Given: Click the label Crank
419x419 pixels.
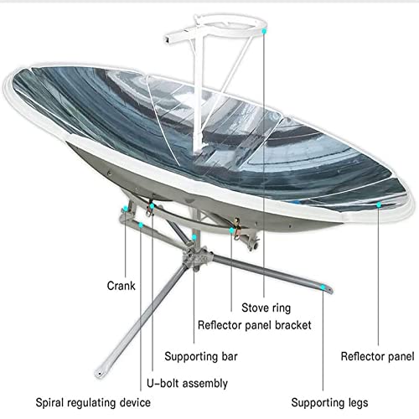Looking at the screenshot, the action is click(121, 286).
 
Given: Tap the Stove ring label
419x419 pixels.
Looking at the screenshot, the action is click(266, 308).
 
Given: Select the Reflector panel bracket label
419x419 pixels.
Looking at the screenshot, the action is click(254, 325).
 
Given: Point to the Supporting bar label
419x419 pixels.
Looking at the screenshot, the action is click(201, 357).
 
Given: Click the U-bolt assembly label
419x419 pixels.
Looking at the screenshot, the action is click(187, 383).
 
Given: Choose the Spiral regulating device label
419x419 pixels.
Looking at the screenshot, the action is click(93, 402).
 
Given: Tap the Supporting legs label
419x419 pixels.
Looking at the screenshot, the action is click(329, 402).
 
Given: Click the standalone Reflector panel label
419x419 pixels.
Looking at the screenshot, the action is click(377, 356).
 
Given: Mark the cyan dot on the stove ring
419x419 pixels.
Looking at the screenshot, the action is click(264, 31).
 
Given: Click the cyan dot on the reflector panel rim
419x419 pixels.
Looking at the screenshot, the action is click(379, 204).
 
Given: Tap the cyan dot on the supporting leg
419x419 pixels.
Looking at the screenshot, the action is click(323, 287).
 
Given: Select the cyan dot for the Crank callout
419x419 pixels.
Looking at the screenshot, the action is click(126, 208).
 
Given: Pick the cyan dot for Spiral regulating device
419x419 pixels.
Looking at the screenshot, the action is click(141, 225).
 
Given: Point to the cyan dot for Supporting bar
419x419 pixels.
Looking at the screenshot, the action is click(194, 237).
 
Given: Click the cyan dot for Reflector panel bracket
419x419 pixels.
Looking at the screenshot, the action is click(231, 230).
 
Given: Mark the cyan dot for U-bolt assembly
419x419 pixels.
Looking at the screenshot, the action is click(152, 206).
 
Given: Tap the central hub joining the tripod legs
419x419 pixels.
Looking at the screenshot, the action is click(195, 258).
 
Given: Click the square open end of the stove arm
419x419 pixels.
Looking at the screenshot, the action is click(168, 39).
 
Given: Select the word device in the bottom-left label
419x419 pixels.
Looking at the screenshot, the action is click(135, 402).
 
